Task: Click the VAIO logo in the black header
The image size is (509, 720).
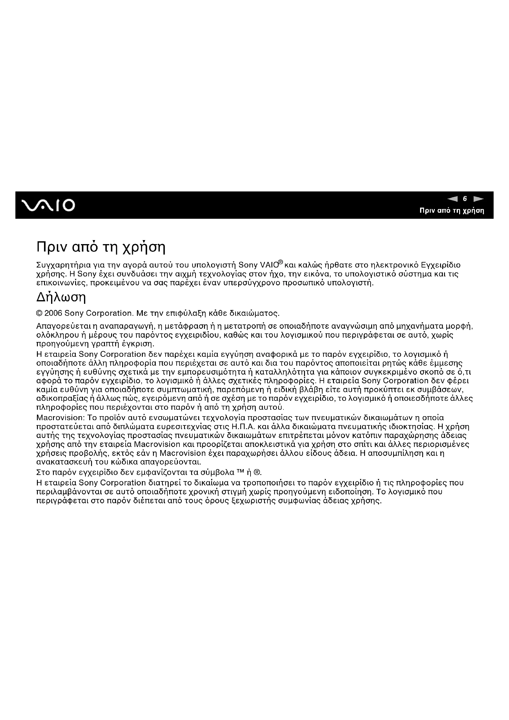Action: (x=48, y=205)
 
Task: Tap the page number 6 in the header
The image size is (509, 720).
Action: (x=465, y=199)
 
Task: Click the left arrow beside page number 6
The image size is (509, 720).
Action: (x=452, y=199)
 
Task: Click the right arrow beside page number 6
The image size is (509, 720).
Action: (x=478, y=199)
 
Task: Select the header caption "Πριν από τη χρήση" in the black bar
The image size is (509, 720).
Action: (x=452, y=211)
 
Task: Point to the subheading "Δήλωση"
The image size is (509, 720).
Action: (x=61, y=297)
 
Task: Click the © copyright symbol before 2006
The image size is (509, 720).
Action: (x=39, y=313)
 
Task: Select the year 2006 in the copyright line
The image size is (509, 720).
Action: (x=53, y=313)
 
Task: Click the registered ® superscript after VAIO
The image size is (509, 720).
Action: (x=281, y=262)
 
